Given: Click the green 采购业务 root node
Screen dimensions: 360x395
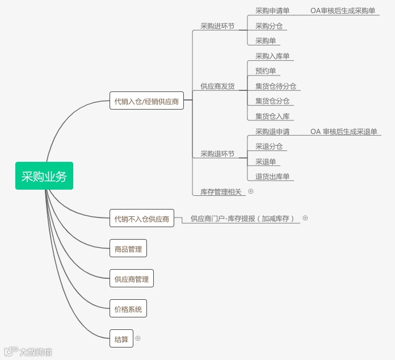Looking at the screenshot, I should coord(44,177).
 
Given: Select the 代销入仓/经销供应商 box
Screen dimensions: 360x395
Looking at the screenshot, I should coord(146,102).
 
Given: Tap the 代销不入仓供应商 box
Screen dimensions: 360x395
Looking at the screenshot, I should coord(142,219).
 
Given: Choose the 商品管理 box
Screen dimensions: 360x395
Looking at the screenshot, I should coord(128,248).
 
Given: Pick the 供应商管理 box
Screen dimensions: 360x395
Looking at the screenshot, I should coord(132,279).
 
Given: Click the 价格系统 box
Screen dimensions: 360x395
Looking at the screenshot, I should coord(128,309).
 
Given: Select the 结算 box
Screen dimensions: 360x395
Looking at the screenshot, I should coord(121,340).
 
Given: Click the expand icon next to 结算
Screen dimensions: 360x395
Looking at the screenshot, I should coord(138,338).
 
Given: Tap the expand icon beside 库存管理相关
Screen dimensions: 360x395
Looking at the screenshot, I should coord(251,191).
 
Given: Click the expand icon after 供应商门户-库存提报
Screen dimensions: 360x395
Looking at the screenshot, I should coord(305,217).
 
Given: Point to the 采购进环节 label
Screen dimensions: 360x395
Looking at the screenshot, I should coord(217,26).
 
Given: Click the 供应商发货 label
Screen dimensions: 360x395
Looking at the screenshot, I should coord(217,86).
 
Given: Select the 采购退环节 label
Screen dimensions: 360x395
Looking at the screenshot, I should coord(217,154).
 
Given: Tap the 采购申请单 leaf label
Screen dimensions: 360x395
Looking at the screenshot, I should coord(272,11).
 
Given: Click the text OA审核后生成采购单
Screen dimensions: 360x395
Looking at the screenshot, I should coord(342,11).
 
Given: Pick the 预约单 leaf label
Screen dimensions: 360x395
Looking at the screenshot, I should coord(266,71).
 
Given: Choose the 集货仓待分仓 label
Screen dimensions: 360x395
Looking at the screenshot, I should coord(276,86).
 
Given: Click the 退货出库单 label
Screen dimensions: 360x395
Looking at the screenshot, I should coord(272,177).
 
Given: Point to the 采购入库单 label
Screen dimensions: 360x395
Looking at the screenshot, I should coord(272,56).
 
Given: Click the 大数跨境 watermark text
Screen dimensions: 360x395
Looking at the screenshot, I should coord(36,351).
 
